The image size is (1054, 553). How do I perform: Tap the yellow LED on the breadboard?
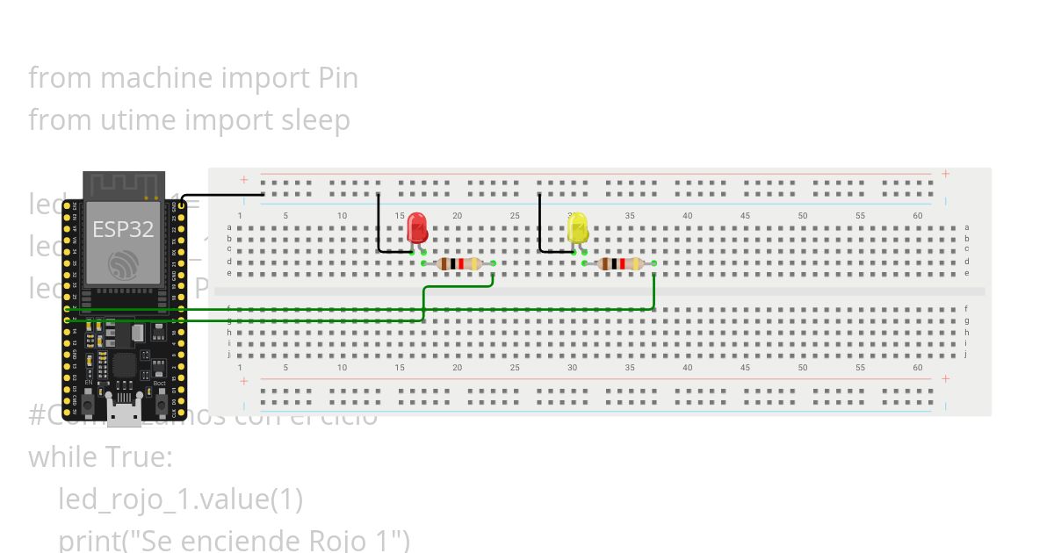tap(578, 229)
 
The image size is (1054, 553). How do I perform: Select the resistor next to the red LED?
tap(458, 263)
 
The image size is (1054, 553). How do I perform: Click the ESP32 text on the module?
tap(124, 230)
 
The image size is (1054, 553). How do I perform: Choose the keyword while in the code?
tap(61, 457)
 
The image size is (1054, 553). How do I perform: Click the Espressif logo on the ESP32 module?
tap(122, 265)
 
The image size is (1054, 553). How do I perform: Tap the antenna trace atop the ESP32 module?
tap(123, 186)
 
